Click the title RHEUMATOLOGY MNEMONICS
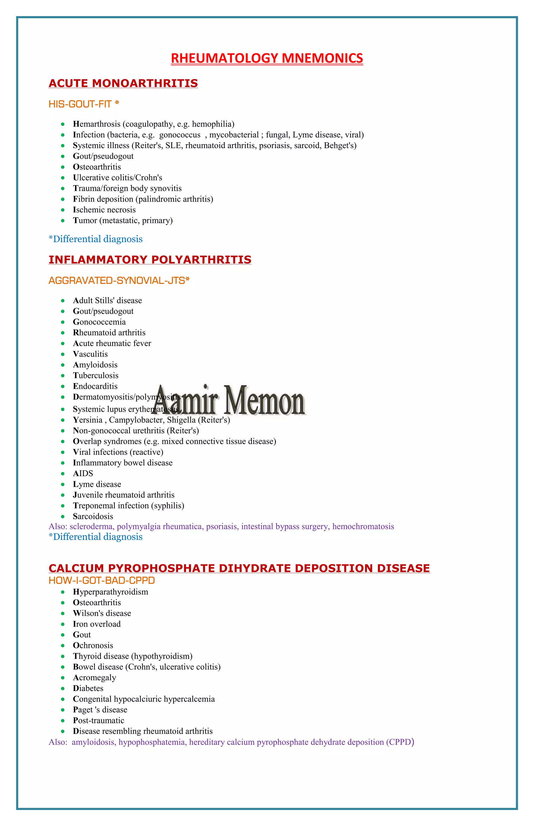[x=267, y=58]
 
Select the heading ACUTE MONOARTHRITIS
[x=123, y=83]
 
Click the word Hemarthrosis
[x=96, y=124]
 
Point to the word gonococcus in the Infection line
[x=180, y=135]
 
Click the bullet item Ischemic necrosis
[x=104, y=210]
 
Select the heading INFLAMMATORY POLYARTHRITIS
[x=150, y=260]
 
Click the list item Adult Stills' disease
[x=107, y=301]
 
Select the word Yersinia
[x=88, y=420]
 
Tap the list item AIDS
[x=83, y=473]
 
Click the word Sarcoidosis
[x=93, y=516]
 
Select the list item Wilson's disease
[x=102, y=613]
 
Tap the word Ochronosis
[x=93, y=645]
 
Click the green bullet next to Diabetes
[x=63, y=688]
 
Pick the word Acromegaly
[x=94, y=678]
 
